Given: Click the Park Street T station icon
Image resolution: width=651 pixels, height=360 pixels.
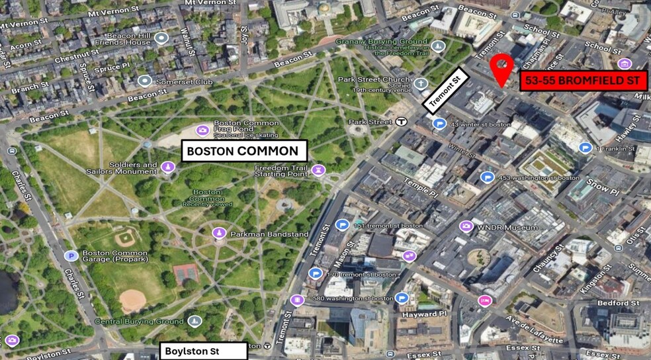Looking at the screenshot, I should point(402,121).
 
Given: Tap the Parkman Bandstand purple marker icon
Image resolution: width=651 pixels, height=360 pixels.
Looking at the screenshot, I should point(219,234).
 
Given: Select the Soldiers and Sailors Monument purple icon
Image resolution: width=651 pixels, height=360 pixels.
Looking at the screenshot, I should point(168,168).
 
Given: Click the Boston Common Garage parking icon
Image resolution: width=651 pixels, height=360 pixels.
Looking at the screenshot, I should point(70,255).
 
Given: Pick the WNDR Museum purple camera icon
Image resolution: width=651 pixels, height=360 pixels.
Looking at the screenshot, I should point(466,227).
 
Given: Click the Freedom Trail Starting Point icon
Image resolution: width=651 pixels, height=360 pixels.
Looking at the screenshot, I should point(319,171).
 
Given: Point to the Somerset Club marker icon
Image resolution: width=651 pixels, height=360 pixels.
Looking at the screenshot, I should point(145,81).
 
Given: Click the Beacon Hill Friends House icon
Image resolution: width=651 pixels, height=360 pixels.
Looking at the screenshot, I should point(162,38).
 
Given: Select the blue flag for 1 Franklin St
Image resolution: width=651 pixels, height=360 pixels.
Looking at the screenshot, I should point(585,148).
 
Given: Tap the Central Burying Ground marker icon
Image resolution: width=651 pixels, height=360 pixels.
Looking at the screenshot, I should point(194,322).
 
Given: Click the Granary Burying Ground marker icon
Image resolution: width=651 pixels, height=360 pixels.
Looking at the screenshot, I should point(438,46).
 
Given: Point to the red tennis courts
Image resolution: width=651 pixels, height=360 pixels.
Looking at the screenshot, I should point(186,273).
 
